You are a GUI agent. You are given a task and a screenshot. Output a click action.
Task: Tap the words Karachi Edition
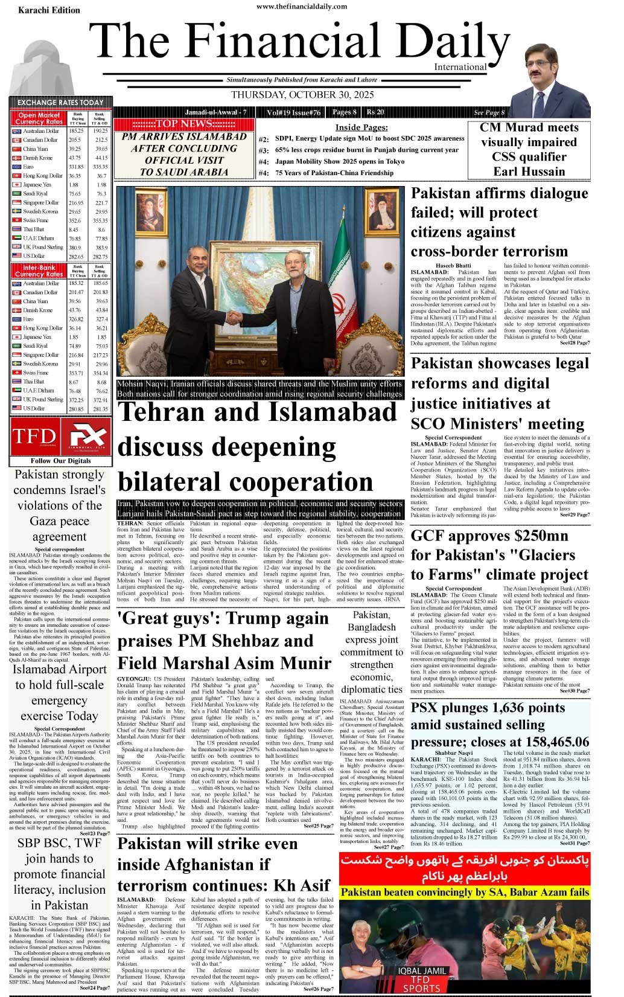[49, 10]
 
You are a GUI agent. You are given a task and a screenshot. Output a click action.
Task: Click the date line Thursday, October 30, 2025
[302, 95]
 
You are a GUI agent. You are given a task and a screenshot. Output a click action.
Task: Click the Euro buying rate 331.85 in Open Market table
[76, 167]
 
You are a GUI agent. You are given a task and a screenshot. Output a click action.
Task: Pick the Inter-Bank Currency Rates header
[39, 270]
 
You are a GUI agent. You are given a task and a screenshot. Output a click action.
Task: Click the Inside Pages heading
[361, 127]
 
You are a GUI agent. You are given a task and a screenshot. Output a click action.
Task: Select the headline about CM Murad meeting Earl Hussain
[529, 149]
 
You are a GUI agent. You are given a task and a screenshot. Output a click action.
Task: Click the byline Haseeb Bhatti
[453, 266]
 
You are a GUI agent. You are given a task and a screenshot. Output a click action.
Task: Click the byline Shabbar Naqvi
[453, 753]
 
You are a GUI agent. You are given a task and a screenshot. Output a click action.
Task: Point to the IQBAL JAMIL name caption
[421, 971]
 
